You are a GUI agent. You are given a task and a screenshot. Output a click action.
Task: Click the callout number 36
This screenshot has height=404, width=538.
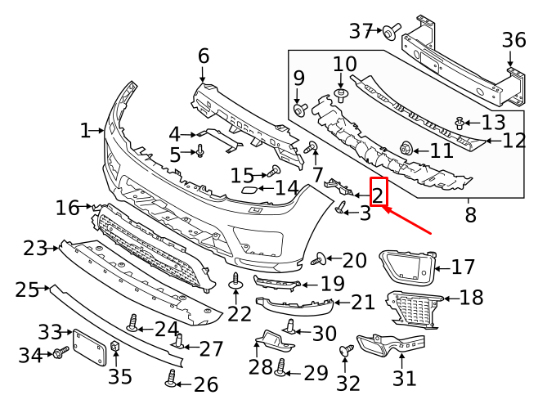pyautogui.click(x=513, y=40)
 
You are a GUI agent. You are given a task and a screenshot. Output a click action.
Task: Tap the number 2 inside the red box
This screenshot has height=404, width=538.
pyautogui.click(x=378, y=194)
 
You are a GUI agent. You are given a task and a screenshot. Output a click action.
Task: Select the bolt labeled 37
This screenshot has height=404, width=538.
pyautogui.click(x=392, y=32)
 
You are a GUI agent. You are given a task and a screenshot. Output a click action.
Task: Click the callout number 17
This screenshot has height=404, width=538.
pyautogui.click(x=463, y=267)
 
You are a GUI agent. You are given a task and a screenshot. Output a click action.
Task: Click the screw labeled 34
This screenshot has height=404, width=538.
pyautogui.click(x=60, y=352)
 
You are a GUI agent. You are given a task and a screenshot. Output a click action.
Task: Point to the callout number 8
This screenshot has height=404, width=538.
pyautogui.click(x=470, y=216)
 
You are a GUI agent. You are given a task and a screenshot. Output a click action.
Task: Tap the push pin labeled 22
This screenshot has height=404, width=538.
pyautogui.click(x=235, y=282)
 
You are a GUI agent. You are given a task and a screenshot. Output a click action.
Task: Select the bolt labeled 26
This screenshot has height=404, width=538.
pyautogui.click(x=171, y=378)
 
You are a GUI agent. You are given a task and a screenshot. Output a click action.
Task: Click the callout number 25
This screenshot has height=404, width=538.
pyautogui.click(x=27, y=290)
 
